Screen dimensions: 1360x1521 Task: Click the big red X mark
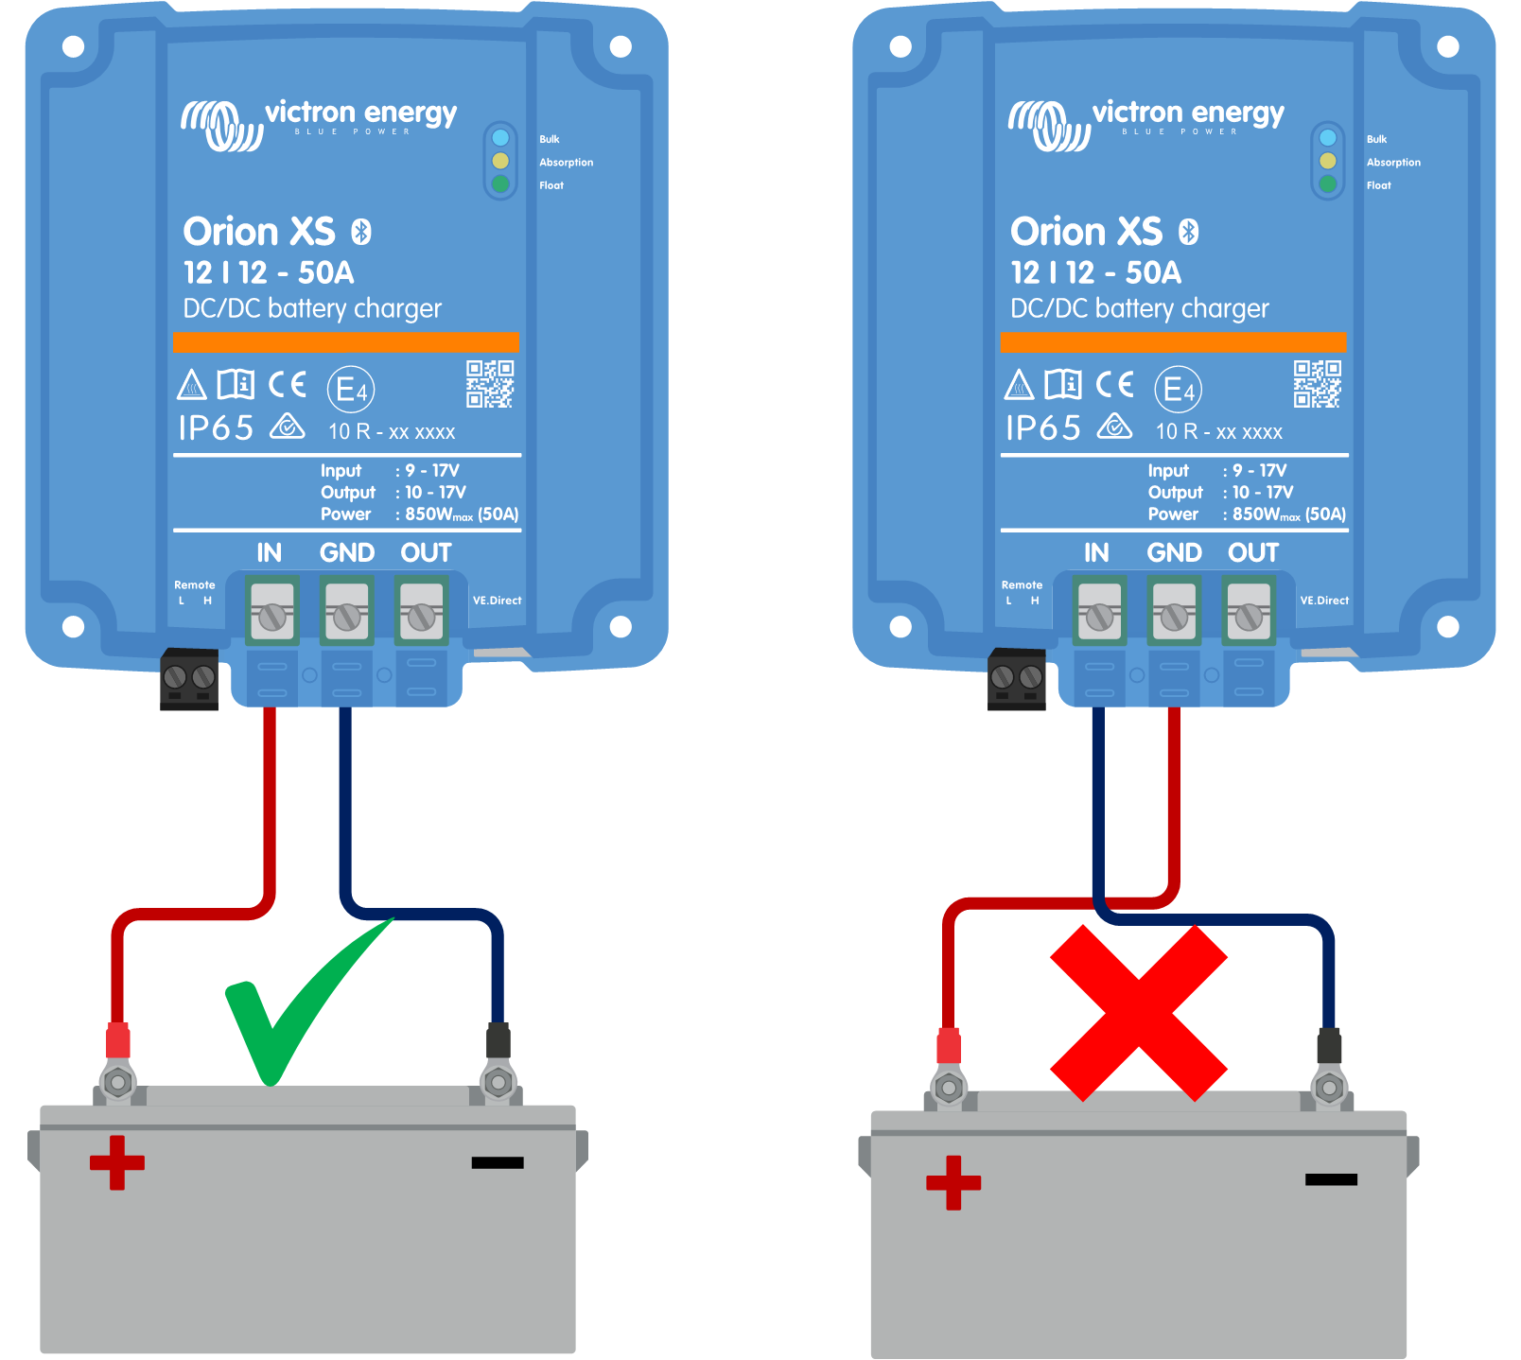[x=1138, y=1013]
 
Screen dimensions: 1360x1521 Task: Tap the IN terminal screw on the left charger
[x=271, y=617]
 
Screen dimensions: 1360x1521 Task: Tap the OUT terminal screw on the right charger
[x=1249, y=617]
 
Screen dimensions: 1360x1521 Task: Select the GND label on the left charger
[x=346, y=552]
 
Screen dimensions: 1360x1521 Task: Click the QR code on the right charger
[x=1317, y=384]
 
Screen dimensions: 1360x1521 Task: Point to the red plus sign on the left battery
[x=117, y=1162]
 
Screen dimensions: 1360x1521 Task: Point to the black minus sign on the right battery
[x=1330, y=1179]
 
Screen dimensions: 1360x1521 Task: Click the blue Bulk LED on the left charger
[x=500, y=138]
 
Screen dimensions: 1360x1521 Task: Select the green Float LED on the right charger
[x=1327, y=184]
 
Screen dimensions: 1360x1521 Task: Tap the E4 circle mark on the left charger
[x=351, y=389]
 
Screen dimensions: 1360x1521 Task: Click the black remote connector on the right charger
[x=1016, y=679]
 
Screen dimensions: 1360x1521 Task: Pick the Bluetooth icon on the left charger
[x=361, y=232]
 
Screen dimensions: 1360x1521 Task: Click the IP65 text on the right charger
[x=1042, y=428]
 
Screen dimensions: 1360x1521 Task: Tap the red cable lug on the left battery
[x=117, y=1040]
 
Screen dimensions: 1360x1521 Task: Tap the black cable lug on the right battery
[x=1328, y=1046]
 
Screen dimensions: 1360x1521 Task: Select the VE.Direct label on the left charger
[x=497, y=601]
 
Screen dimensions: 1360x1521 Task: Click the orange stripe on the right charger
[x=1173, y=342]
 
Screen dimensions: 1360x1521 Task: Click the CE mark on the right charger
[x=1114, y=384]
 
